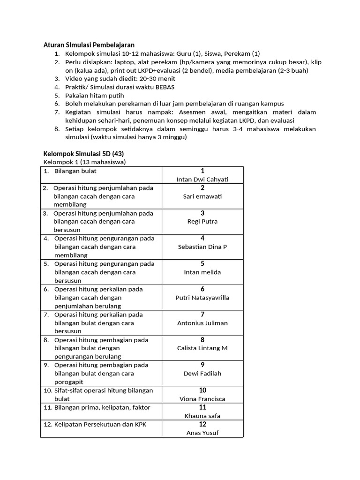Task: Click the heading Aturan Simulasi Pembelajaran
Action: (89, 45)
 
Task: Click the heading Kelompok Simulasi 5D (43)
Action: (83, 154)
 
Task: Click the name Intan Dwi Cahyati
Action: (202, 180)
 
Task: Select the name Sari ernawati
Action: (202, 196)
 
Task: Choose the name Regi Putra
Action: (202, 222)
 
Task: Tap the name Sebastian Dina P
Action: (202, 247)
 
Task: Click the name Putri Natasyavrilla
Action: (202, 298)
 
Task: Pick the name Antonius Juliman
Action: (202, 323)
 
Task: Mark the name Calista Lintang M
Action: (202, 348)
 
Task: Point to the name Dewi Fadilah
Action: (202, 374)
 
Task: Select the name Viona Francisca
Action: (202, 399)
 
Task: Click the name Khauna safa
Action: (202, 416)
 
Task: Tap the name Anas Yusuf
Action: (202, 433)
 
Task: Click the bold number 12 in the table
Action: (202, 424)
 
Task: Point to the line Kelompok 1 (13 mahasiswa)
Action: (84, 162)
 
